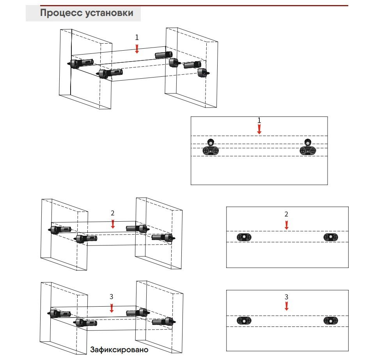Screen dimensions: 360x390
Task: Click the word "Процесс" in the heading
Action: click(59, 13)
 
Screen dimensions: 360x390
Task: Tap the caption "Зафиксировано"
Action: click(119, 349)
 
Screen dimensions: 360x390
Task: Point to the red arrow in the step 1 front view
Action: click(259, 129)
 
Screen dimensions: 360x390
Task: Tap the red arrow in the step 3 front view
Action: click(287, 306)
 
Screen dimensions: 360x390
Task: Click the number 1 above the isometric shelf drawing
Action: click(137, 37)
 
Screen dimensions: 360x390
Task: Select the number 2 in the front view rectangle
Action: click(286, 214)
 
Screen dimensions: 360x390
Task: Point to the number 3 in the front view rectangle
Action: click(286, 297)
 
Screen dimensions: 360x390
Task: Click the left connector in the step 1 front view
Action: click(211, 148)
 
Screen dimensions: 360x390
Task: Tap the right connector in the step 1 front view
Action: click(308, 148)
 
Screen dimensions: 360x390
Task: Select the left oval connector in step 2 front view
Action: click(244, 237)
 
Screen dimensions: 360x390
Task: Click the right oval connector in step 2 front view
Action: click(331, 237)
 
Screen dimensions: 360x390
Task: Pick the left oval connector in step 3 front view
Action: click(244, 321)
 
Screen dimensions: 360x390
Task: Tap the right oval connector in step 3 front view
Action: click(331, 321)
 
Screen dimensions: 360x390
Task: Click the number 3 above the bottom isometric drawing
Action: click(112, 297)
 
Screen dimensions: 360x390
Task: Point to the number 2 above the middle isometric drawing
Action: click(113, 213)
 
